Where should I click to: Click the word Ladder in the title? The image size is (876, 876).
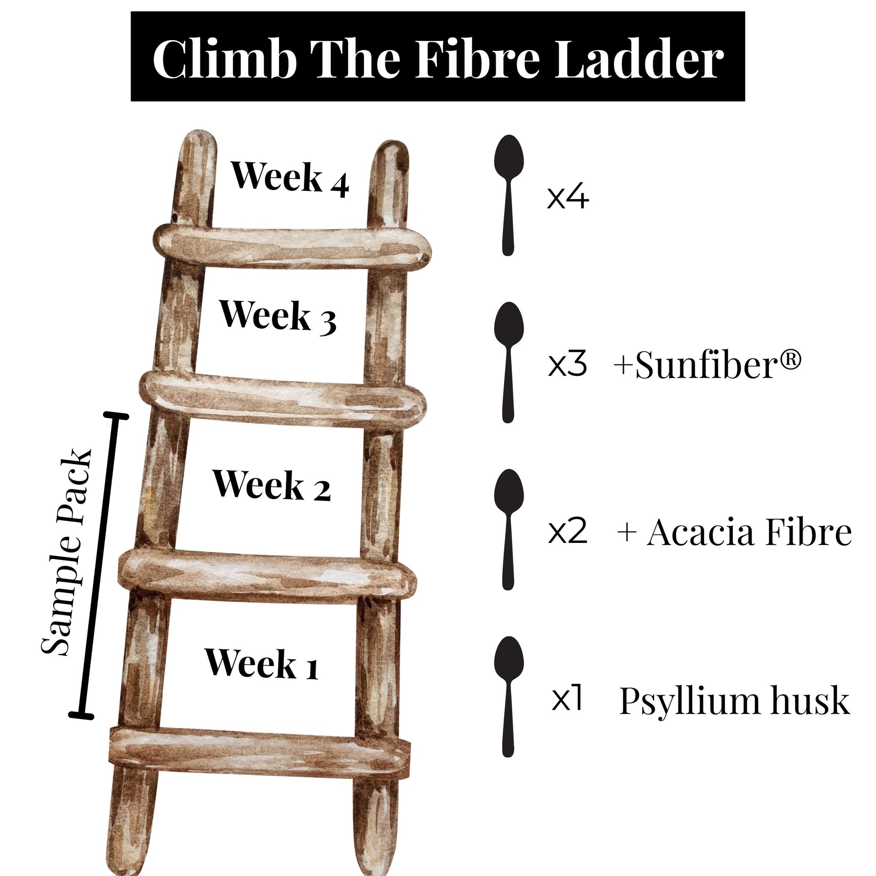639,59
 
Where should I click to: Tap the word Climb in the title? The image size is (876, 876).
225,59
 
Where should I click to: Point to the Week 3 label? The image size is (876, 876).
277,317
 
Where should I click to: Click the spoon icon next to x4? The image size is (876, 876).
509,194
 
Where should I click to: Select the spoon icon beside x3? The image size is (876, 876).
509,362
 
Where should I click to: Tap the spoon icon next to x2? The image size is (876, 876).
509,529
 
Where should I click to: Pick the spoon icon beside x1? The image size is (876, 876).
509,697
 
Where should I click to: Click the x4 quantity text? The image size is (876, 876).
568,198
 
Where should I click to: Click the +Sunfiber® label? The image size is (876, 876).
707,365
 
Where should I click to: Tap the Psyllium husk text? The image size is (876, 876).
734,701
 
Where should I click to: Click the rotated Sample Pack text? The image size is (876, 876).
67,553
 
